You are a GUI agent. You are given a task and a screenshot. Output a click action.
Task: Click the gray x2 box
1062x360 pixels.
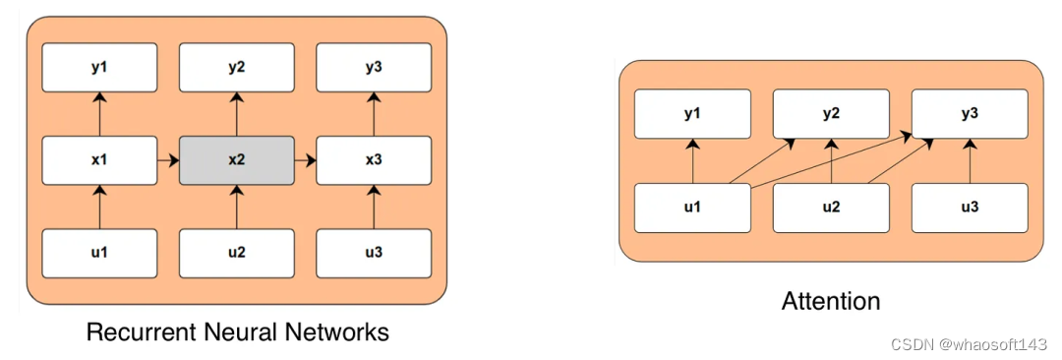tap(236, 160)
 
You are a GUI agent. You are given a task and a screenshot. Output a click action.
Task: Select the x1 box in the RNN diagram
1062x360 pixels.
tap(99, 160)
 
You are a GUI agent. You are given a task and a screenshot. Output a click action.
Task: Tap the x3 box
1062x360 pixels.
tap(374, 160)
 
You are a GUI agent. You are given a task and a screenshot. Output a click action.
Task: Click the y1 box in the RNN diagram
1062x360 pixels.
tap(99, 68)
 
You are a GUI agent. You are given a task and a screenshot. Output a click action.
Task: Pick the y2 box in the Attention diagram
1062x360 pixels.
tap(831, 114)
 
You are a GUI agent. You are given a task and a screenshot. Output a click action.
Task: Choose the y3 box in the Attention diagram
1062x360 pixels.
tap(970, 114)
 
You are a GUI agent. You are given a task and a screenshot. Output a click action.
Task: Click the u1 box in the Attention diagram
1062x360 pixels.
tap(693, 207)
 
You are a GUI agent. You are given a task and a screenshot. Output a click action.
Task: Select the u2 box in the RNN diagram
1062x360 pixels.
tap(236, 253)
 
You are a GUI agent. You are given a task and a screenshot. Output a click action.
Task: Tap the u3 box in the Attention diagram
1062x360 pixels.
tap(970, 207)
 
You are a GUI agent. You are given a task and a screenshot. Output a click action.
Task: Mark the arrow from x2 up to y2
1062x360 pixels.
tap(236, 114)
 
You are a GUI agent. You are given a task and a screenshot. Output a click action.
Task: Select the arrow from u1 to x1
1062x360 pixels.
tap(99, 207)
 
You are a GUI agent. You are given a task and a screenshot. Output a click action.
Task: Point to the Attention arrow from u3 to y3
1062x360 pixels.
tap(970, 160)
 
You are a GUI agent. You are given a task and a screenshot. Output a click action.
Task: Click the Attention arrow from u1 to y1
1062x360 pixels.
tap(693, 160)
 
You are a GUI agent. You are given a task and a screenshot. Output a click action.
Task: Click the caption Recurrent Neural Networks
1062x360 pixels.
tap(237, 332)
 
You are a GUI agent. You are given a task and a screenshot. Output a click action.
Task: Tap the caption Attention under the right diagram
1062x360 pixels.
tap(831, 301)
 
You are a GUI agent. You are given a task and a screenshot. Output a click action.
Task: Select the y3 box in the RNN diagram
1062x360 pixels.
tap(374, 68)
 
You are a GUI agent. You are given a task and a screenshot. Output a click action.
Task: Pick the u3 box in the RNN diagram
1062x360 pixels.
tap(374, 253)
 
